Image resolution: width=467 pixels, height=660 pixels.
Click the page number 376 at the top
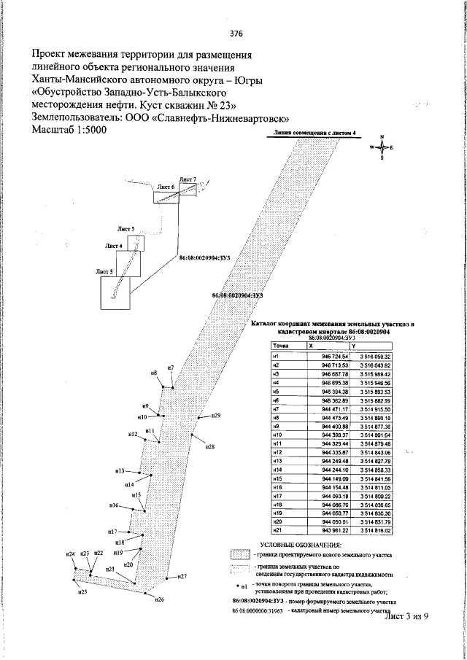tap(236, 33)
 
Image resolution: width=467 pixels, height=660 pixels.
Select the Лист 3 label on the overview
tap(104, 271)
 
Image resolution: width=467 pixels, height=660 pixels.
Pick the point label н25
tap(83, 593)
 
